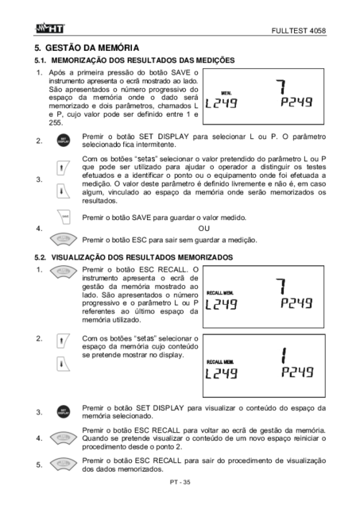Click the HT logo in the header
click(50, 29)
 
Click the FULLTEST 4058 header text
click(299, 31)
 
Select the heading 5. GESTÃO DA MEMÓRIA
click(87, 48)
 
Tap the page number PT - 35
click(180, 482)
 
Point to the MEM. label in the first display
click(226, 93)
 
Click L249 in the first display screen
click(221, 103)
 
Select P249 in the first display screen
click(296, 102)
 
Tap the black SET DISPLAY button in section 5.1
click(63, 141)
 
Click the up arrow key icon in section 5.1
click(62, 168)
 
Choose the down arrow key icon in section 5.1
click(62, 191)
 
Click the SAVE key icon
click(64, 217)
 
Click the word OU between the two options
click(203, 229)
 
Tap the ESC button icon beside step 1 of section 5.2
click(64, 272)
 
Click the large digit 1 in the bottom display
click(285, 356)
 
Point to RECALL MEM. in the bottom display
click(220, 361)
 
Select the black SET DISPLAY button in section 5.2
click(63, 411)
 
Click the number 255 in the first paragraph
click(56, 123)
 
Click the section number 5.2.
click(41, 257)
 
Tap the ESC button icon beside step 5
click(64, 465)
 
